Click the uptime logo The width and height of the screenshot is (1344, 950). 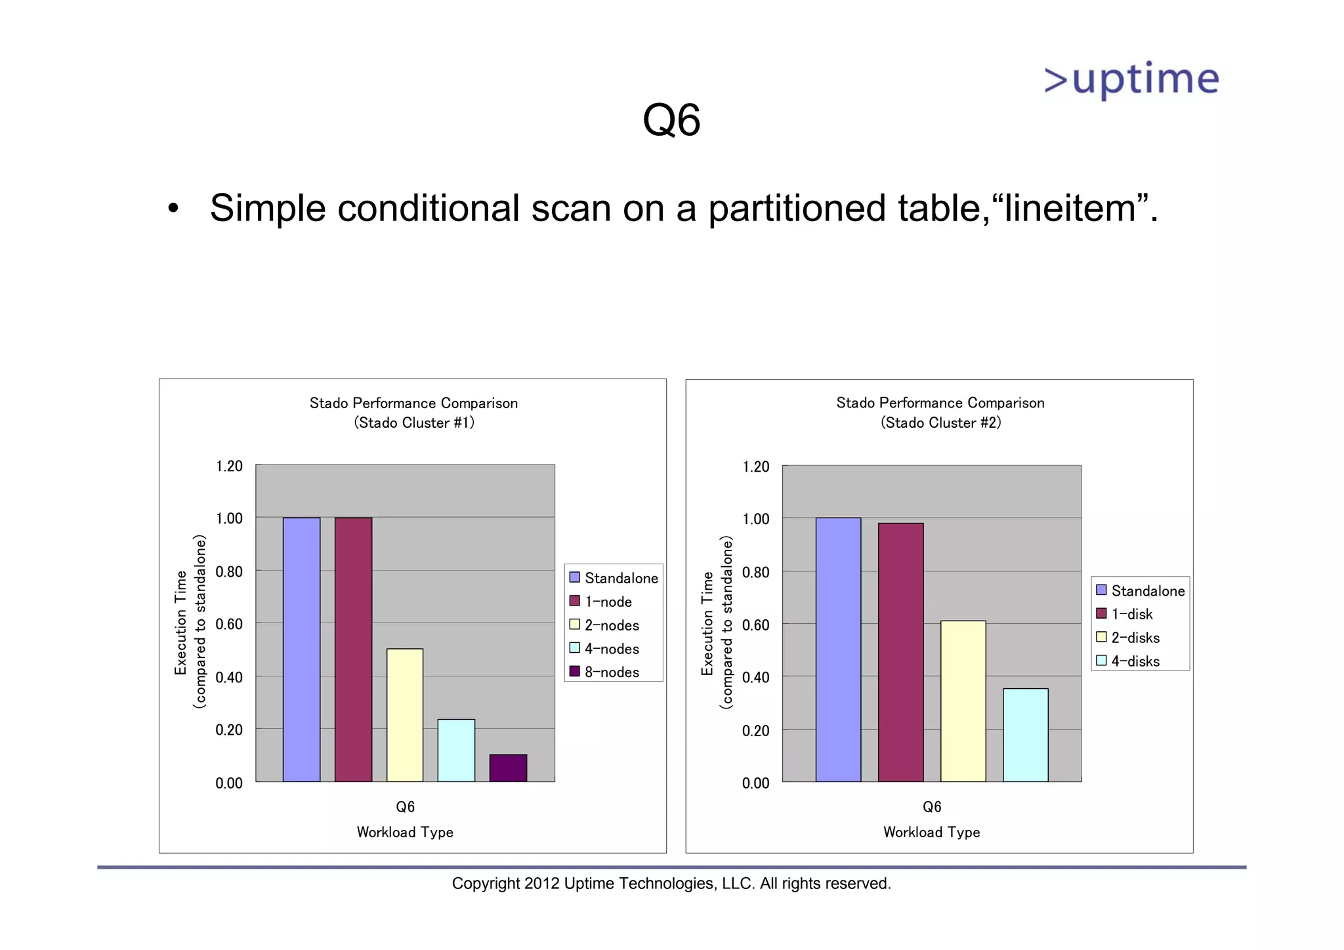point(1131,80)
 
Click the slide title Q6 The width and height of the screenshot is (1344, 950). point(671,120)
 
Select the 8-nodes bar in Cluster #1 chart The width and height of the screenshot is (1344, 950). point(508,768)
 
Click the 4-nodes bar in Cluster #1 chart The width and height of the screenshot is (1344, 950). point(456,750)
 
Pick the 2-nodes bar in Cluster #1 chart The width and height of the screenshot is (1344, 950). point(405,714)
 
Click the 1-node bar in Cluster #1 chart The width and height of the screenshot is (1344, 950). point(353,650)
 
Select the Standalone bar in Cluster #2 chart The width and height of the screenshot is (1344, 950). point(838,650)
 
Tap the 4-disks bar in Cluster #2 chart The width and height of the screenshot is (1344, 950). point(1025,735)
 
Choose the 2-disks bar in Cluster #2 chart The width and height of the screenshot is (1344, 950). point(963,701)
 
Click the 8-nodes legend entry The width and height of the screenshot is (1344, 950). point(604,672)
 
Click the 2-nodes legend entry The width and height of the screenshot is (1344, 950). point(604,625)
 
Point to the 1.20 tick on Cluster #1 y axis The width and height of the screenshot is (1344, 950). point(229,466)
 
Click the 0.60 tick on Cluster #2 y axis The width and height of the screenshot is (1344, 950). point(755,625)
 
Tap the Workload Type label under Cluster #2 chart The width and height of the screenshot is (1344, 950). point(931,832)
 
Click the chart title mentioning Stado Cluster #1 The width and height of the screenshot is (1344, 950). point(413,413)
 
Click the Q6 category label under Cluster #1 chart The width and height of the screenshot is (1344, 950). point(405,807)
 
